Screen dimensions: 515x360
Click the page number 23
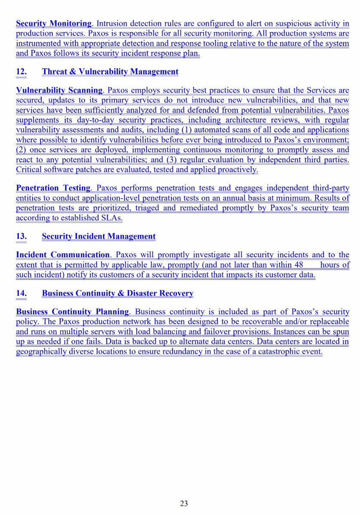click(184, 503)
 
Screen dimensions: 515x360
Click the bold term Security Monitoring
click(54, 23)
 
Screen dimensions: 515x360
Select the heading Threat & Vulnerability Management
click(110, 72)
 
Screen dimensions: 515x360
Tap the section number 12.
click(21, 72)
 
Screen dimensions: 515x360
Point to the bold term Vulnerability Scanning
click(59, 91)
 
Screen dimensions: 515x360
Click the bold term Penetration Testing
click(53, 188)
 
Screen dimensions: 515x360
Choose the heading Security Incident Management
click(99, 236)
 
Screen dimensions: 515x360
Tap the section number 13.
click(21, 236)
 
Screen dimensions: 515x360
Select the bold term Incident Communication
click(63, 255)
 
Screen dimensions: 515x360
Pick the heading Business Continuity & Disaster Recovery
click(118, 293)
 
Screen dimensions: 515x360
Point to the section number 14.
click(21, 293)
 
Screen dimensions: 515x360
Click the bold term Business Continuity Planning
click(72, 312)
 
